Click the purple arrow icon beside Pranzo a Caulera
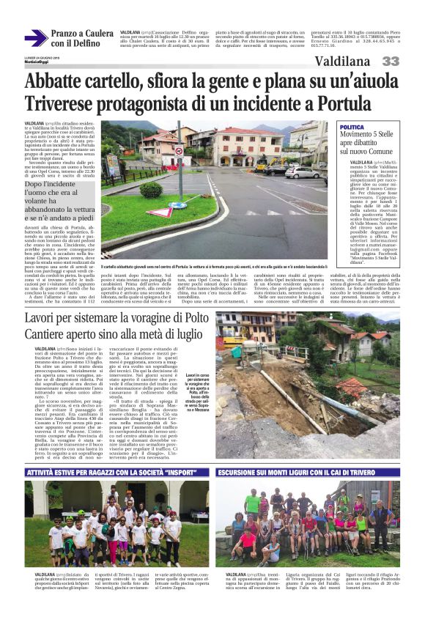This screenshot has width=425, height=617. pos(34,37)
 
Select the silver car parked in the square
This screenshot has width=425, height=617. pos(302,172)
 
